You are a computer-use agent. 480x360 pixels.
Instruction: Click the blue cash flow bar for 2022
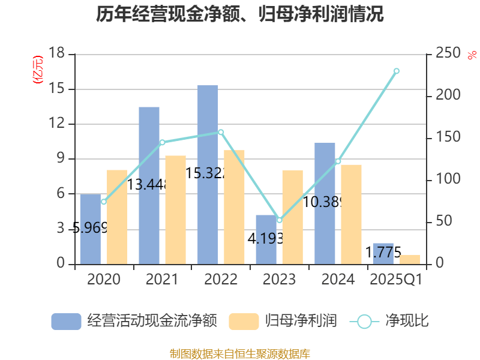coord(208,174)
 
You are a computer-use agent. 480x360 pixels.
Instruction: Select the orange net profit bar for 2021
coord(176,209)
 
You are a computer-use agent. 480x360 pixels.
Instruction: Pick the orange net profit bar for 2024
coord(352,214)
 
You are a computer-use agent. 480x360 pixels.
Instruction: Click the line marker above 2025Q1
coord(397,71)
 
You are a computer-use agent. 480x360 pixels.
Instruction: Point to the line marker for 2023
coord(280,220)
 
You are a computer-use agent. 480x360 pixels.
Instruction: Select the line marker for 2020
coord(104,202)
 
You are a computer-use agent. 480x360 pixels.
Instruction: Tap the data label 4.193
coord(265,238)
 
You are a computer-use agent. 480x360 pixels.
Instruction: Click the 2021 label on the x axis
coord(162,280)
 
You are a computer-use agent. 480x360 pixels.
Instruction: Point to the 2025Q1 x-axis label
coord(397,280)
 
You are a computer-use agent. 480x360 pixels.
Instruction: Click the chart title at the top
coord(240,14)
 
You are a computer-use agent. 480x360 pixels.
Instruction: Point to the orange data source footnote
coord(240,353)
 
